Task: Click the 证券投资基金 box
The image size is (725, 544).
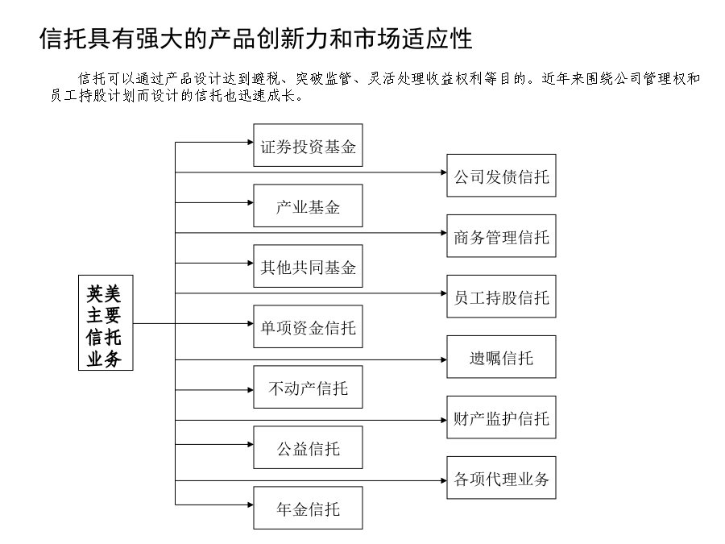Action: click(308, 145)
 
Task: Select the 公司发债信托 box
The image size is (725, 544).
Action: click(501, 176)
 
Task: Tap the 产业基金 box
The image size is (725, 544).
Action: click(308, 206)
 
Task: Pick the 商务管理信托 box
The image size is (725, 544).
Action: click(501, 236)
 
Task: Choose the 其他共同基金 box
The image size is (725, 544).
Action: click(308, 267)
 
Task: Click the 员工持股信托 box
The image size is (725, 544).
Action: click(501, 297)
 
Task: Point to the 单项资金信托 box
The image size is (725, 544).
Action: click(308, 326)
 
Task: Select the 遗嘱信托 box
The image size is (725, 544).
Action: click(501, 357)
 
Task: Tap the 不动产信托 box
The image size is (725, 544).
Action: click(308, 387)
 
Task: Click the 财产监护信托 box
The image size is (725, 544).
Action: click(501, 417)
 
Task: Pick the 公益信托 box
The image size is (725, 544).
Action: click(308, 448)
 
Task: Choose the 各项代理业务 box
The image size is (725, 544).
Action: click(501, 478)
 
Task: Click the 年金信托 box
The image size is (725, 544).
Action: click(308, 508)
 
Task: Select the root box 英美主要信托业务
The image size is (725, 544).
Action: click(106, 323)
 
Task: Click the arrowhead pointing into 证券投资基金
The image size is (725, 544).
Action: click(251, 142)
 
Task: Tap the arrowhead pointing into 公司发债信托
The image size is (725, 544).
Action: click(444, 172)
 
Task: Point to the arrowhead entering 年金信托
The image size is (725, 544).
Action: click(251, 505)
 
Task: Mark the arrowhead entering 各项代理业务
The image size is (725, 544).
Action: click(444, 480)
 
